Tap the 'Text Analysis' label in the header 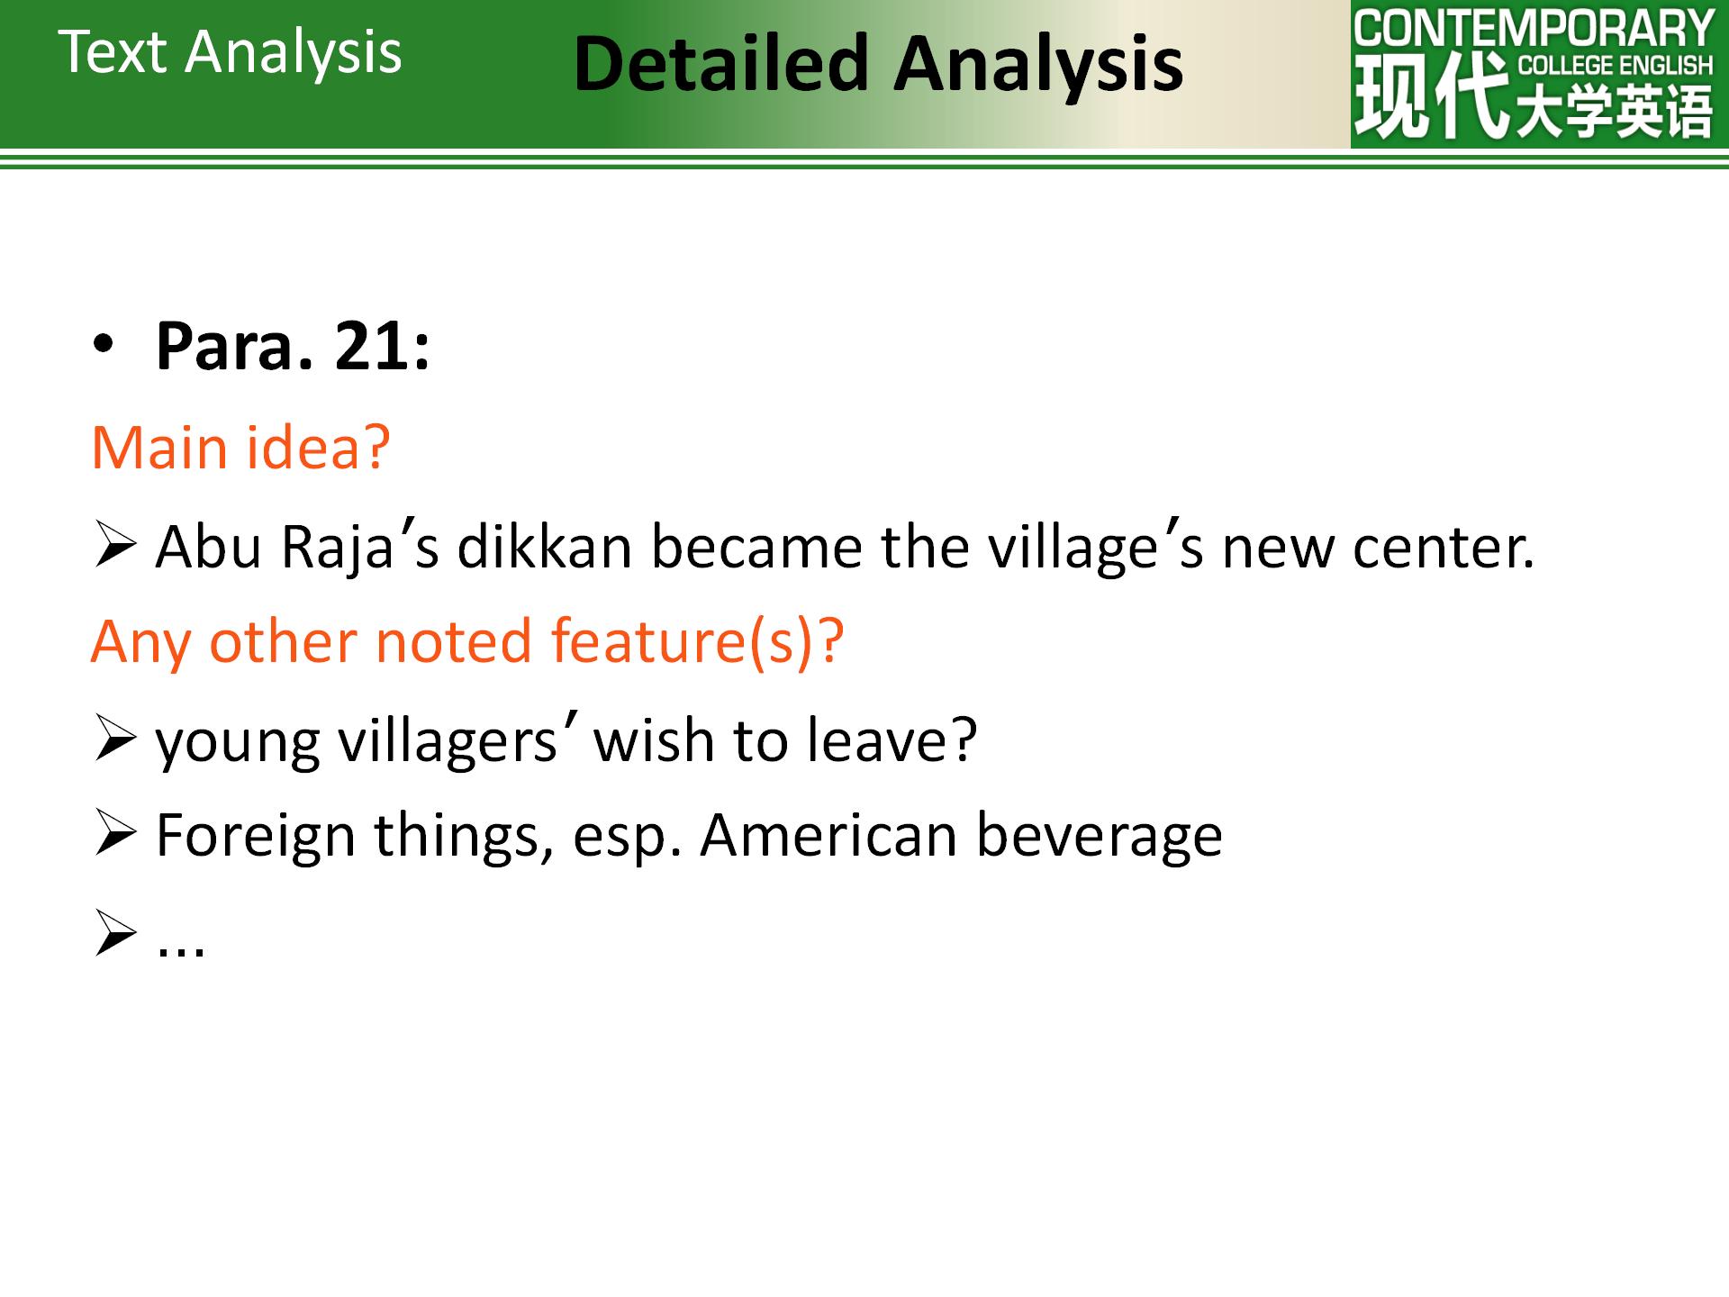[231, 51]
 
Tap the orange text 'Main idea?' [241, 447]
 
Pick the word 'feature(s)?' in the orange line [697, 641]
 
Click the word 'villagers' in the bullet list [448, 740]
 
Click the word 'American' [829, 835]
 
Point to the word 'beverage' [1100, 836]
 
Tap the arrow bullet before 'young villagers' [114, 740]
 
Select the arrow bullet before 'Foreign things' [114, 835]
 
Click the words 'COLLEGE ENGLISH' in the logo [1616, 65]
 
